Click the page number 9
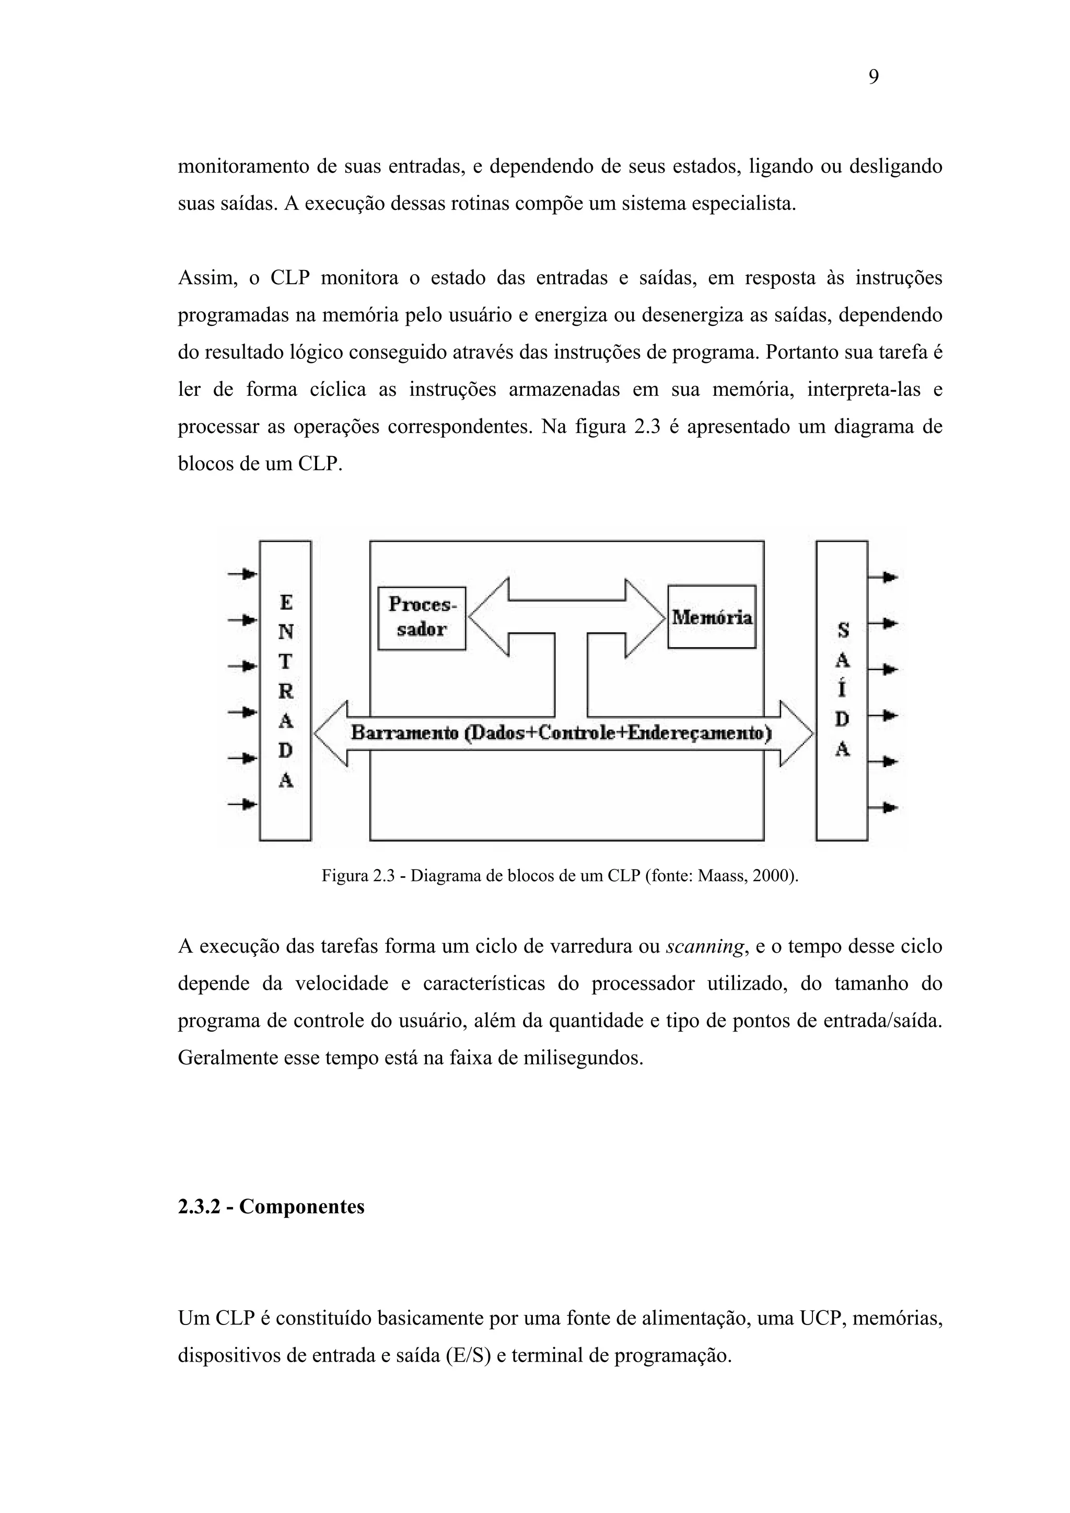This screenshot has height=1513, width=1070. (873, 78)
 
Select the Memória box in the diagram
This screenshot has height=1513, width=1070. (712, 617)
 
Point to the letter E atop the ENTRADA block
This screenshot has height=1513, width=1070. (285, 602)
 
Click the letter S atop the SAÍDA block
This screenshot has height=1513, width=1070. (843, 631)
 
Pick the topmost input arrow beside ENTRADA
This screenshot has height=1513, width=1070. (242, 574)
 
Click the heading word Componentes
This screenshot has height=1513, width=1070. (301, 1206)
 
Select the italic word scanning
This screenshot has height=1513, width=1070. (705, 947)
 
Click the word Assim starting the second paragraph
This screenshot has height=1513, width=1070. (207, 278)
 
